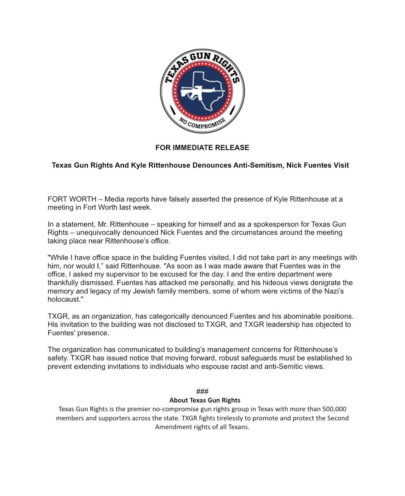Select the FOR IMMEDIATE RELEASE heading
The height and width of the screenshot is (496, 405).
coord(202,148)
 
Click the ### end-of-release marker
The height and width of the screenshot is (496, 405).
coord(202,391)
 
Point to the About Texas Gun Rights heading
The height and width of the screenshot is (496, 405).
coord(205,400)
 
